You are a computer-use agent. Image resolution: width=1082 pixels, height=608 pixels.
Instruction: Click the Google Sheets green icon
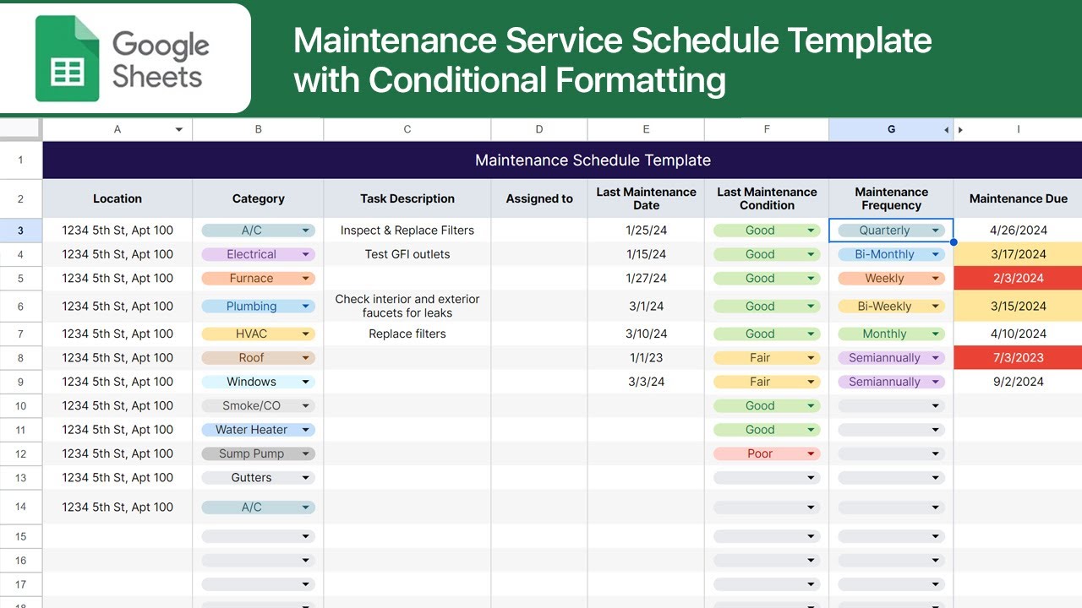click(68, 58)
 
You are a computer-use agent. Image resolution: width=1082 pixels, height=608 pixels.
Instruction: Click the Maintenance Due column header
click(1018, 198)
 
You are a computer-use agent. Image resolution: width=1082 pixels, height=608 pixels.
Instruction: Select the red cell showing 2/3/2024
click(1018, 278)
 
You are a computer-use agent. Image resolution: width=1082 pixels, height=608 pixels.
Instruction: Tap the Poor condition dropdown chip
click(766, 453)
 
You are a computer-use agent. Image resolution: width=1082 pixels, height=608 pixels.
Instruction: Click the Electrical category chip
click(257, 254)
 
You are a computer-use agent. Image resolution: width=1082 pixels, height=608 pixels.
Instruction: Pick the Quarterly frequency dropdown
click(890, 231)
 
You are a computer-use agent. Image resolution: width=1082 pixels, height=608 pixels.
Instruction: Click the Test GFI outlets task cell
click(407, 254)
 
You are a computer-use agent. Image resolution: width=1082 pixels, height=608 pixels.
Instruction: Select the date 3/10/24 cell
click(646, 334)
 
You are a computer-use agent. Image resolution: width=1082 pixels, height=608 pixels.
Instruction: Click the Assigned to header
click(539, 198)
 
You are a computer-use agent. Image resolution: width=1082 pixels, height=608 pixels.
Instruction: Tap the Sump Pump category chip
click(257, 453)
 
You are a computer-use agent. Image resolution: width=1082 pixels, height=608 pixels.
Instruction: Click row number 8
click(20, 358)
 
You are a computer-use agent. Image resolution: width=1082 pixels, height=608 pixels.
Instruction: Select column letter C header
click(407, 129)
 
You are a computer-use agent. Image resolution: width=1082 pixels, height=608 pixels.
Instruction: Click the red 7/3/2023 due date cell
click(1018, 358)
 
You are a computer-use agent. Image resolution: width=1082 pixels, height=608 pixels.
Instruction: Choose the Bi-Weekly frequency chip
click(890, 307)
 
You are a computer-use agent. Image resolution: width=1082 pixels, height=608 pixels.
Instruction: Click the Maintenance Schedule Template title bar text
click(593, 160)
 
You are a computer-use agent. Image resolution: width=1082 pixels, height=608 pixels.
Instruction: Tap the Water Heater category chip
click(257, 430)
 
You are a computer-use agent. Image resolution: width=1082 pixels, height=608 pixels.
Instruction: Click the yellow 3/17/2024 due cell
click(1018, 254)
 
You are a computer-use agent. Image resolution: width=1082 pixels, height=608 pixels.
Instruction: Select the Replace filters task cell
click(407, 334)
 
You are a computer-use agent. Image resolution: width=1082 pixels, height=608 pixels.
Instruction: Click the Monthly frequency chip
click(890, 334)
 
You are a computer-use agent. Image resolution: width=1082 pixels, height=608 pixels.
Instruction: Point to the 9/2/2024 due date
click(1018, 382)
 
